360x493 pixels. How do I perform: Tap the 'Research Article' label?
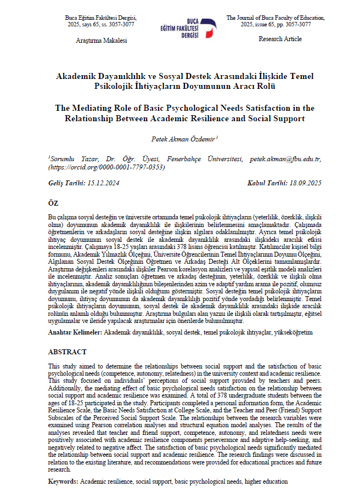pos(279,39)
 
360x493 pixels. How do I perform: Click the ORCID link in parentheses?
pos(107,167)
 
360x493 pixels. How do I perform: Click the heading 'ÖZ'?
pos(53,203)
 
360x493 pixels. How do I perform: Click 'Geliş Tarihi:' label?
pos(65,183)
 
